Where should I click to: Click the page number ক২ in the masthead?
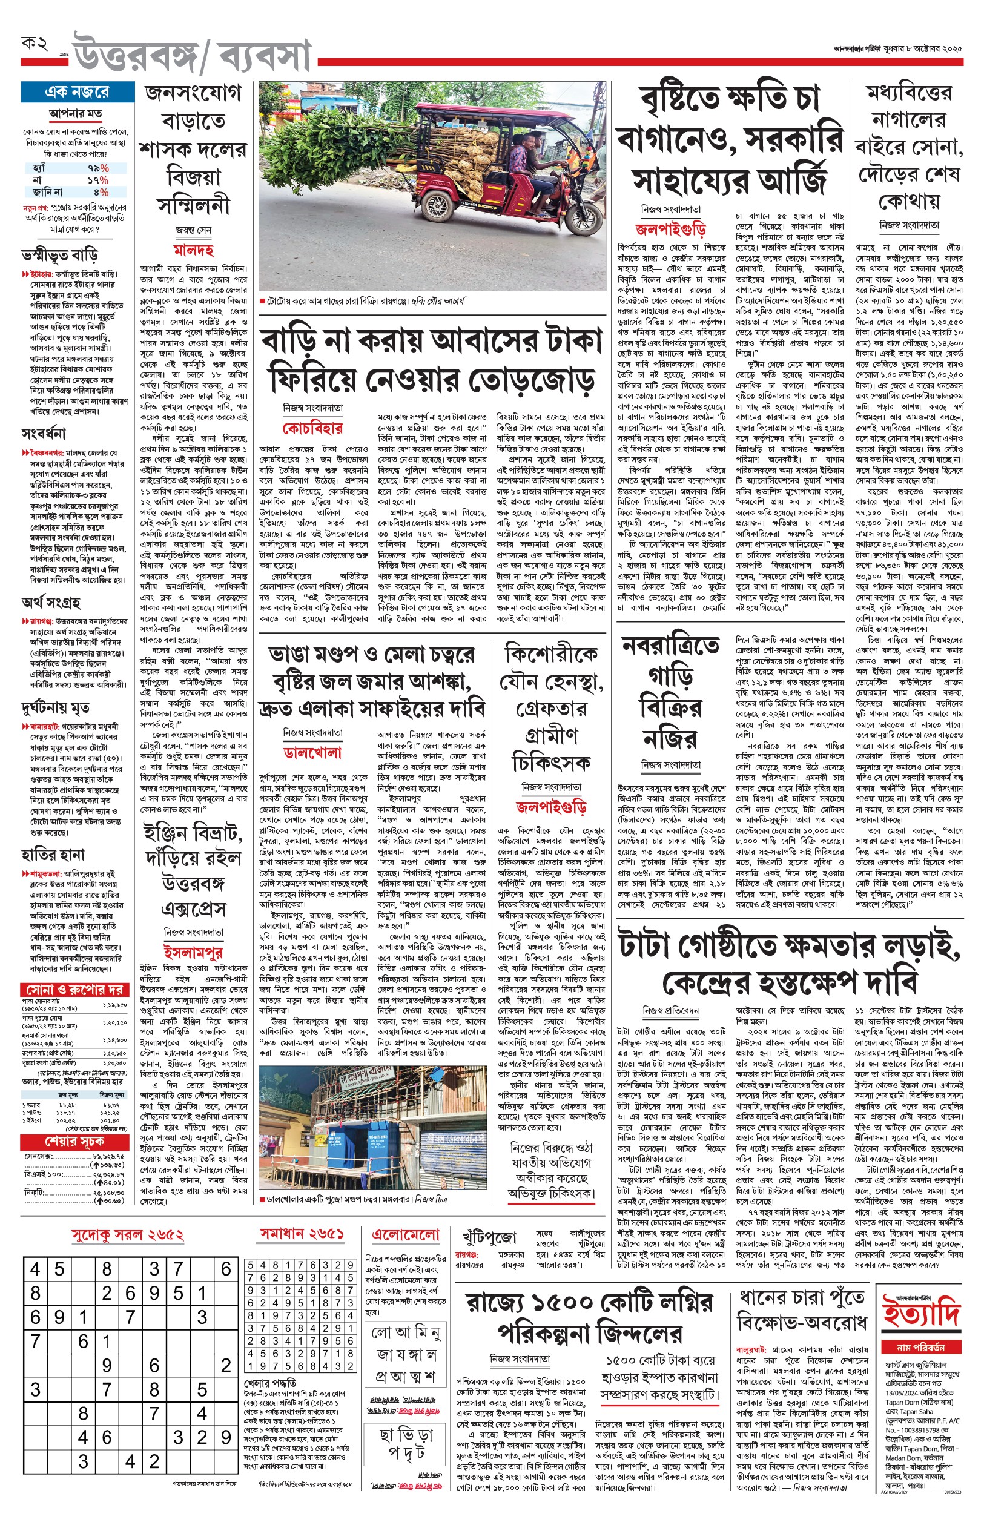click(x=35, y=44)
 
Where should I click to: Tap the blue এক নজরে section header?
click(x=76, y=92)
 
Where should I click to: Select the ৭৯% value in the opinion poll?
click(x=97, y=168)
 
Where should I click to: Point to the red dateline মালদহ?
click(x=193, y=250)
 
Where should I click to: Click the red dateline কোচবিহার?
click(x=312, y=428)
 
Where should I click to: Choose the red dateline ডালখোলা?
click(x=312, y=753)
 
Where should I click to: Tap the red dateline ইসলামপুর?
click(x=193, y=953)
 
